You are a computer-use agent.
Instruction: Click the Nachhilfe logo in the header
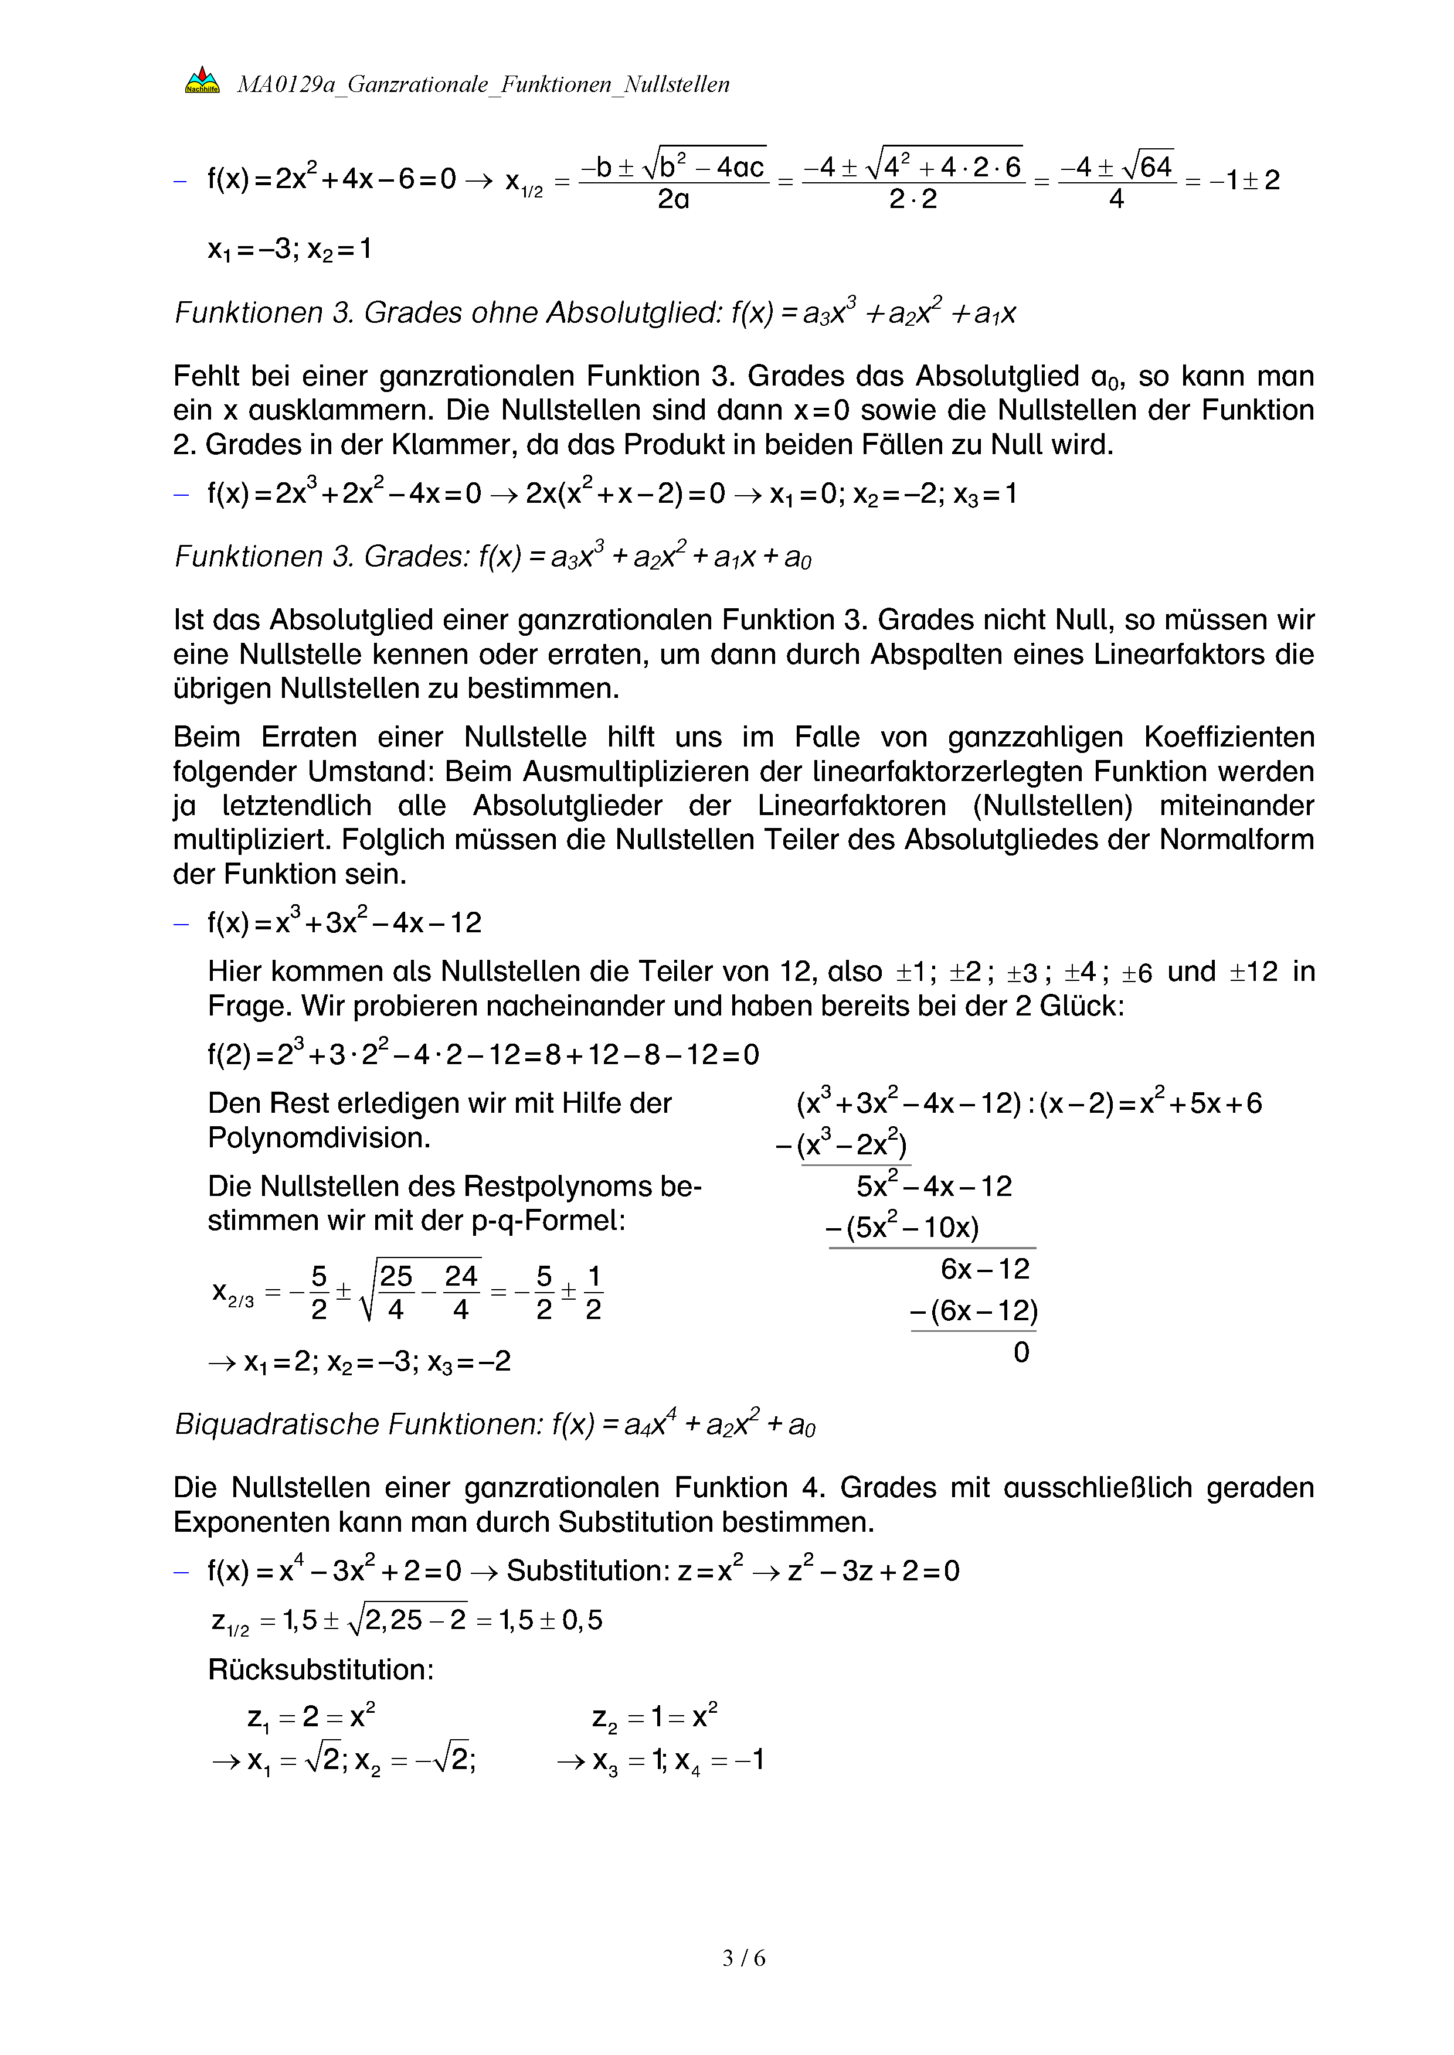click(202, 81)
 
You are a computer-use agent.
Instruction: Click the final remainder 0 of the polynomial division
click(1021, 1351)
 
